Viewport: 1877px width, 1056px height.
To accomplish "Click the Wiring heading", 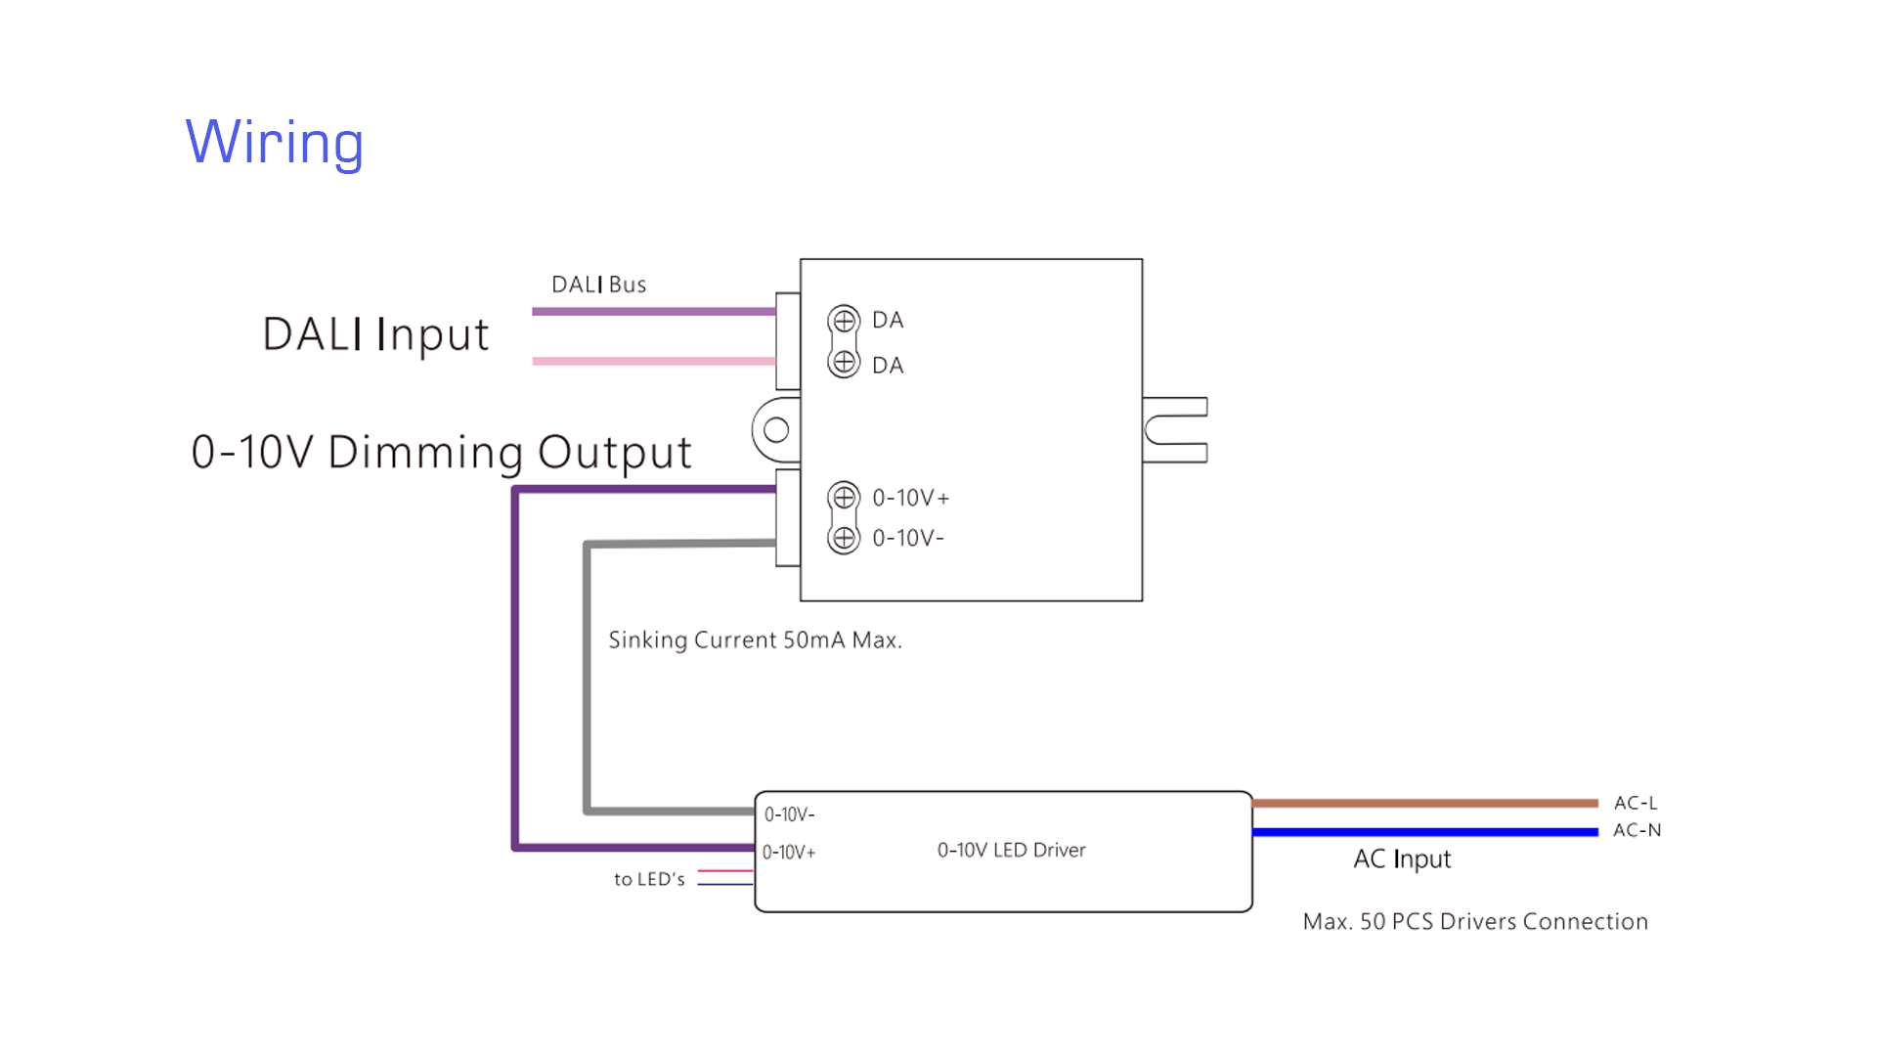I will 275,143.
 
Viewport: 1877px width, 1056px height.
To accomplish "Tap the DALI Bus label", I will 598,285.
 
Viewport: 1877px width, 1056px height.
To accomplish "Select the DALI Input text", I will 375,334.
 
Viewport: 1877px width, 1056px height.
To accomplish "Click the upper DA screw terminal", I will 844,320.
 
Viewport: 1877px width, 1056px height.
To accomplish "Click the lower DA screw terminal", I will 844,363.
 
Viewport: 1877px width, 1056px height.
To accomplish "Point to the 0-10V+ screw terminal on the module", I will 844,497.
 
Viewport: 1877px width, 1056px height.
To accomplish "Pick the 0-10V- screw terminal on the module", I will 844,538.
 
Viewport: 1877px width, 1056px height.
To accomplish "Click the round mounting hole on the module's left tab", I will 776,429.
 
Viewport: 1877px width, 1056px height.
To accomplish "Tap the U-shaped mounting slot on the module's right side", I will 1173,429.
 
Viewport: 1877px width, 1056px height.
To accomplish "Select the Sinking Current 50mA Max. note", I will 755,640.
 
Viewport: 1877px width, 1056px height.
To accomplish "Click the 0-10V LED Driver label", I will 1011,851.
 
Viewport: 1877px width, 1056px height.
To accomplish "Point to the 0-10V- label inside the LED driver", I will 789,814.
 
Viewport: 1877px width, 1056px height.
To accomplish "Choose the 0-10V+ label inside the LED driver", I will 789,853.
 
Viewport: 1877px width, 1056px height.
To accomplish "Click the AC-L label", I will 1636,803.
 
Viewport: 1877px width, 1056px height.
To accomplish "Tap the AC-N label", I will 1637,830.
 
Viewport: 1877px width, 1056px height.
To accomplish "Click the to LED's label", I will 649,879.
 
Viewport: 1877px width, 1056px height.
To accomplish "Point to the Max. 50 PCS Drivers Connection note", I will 1475,921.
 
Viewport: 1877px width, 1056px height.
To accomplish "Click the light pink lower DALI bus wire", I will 653,361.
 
